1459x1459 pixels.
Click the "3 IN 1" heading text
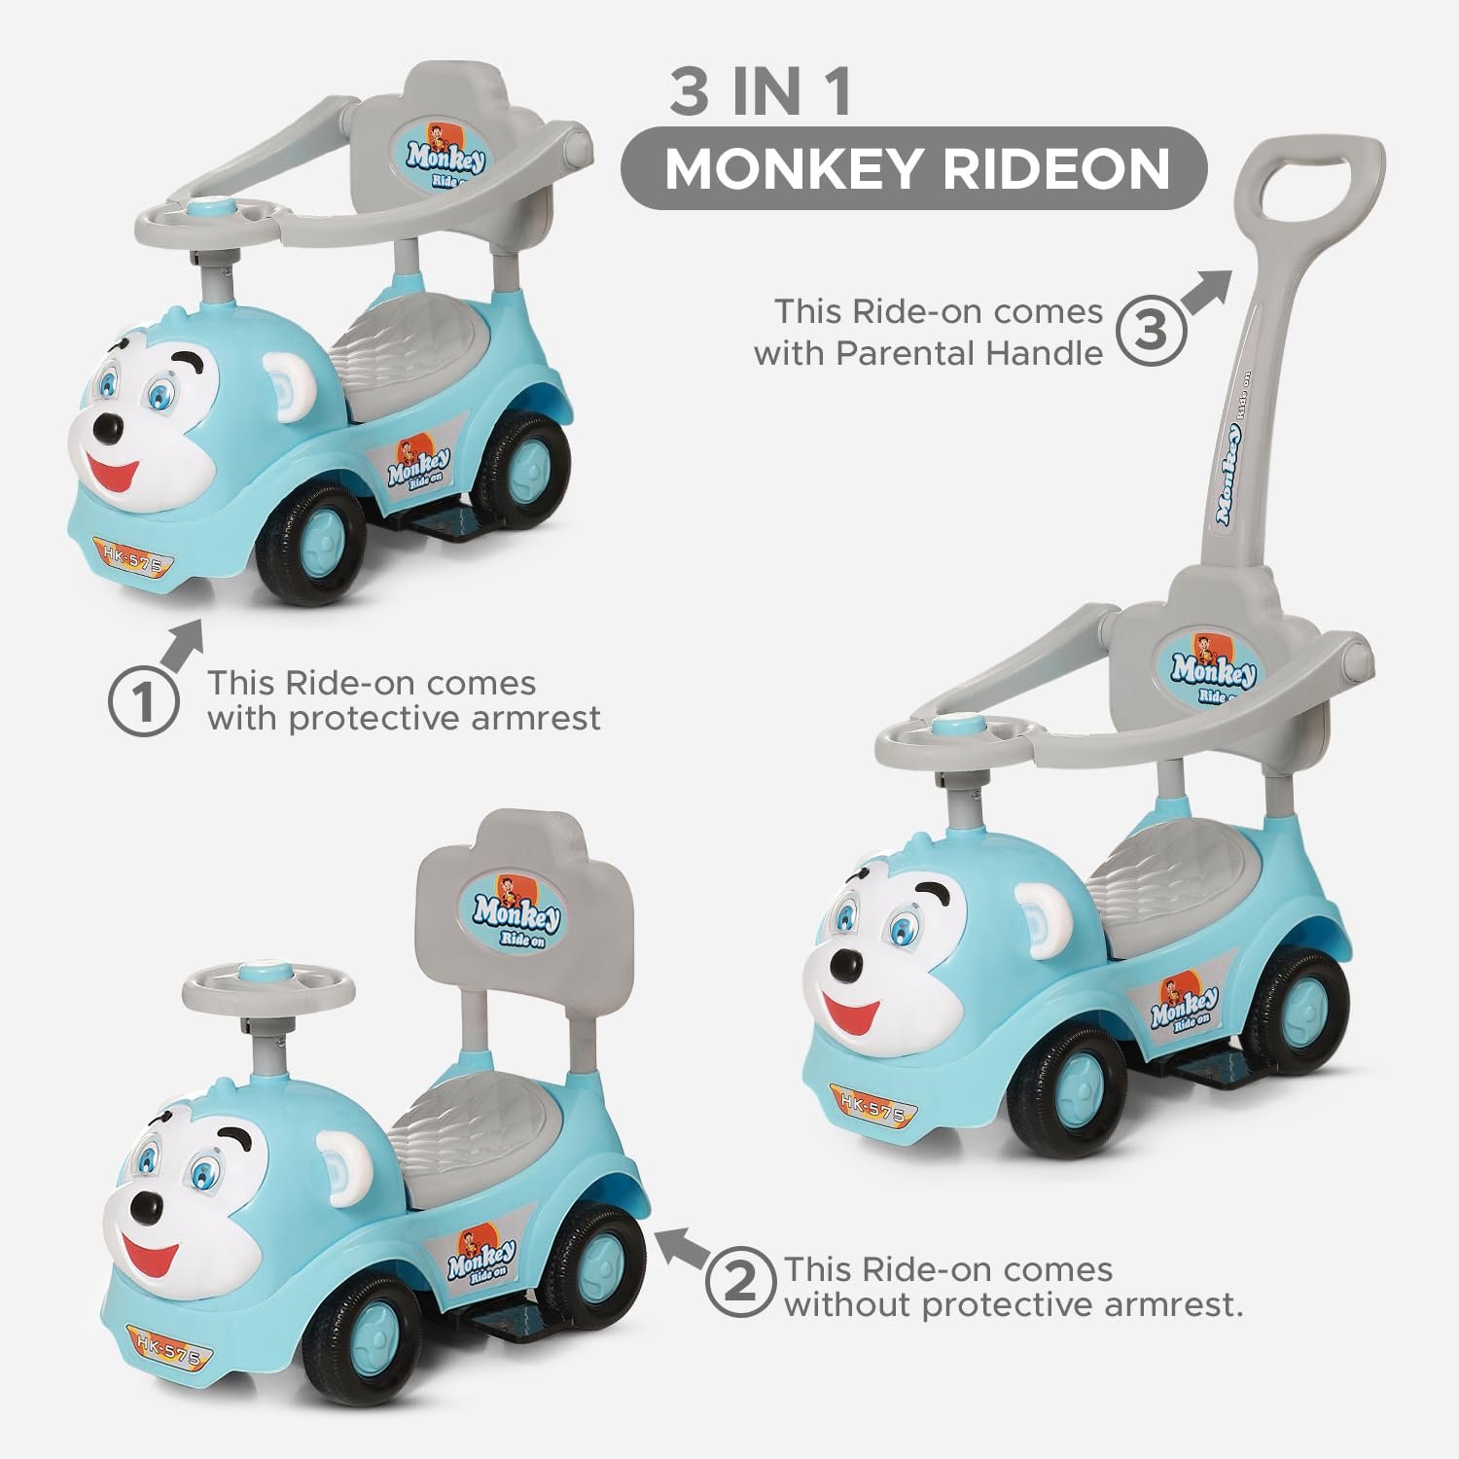[x=760, y=92]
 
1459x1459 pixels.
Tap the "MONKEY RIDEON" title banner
[x=915, y=168]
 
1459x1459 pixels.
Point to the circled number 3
[x=1152, y=331]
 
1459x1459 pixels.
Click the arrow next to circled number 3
[x=1207, y=290]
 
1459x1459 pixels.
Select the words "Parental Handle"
[x=969, y=353]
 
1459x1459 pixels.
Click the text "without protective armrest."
[x=1014, y=1305]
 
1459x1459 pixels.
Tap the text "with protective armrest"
[x=404, y=719]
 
